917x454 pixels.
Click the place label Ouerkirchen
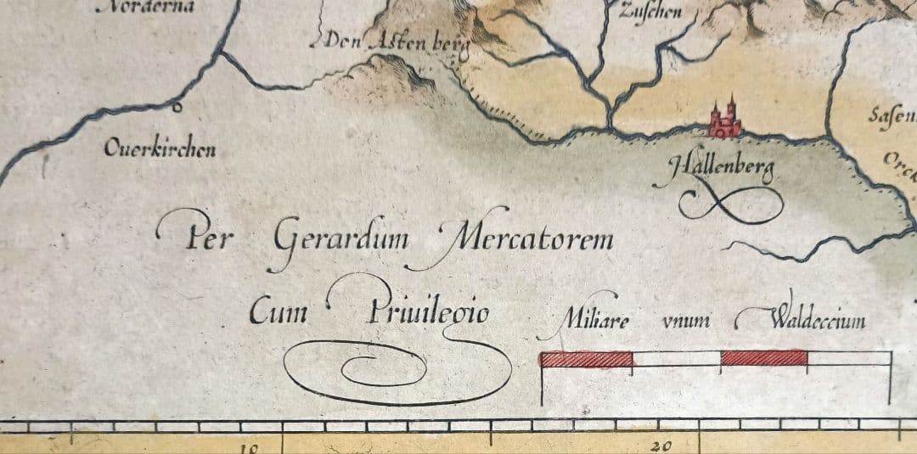coord(160,149)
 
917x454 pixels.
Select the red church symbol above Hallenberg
coord(724,121)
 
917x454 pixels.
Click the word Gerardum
coord(340,240)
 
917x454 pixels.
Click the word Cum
coord(278,313)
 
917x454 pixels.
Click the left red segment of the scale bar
coord(587,359)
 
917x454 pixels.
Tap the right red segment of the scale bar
coord(763,358)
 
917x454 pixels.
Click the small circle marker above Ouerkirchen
coord(177,108)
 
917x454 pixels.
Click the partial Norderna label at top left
coord(148,7)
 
